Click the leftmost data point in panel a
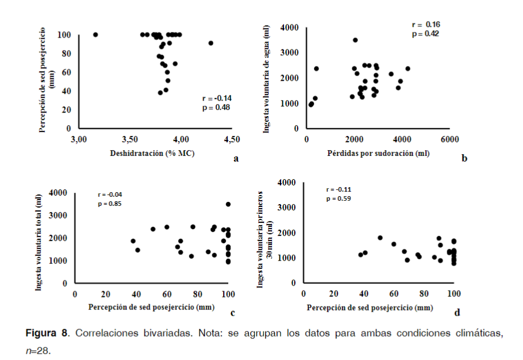(96, 35)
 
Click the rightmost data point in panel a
(211, 43)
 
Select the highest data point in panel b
(355, 40)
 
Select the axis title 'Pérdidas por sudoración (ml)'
(378, 153)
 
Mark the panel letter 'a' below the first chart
(236, 159)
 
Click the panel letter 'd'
(457, 312)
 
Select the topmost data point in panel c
(228, 204)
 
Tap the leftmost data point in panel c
(133, 241)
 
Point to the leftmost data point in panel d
(360, 255)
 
